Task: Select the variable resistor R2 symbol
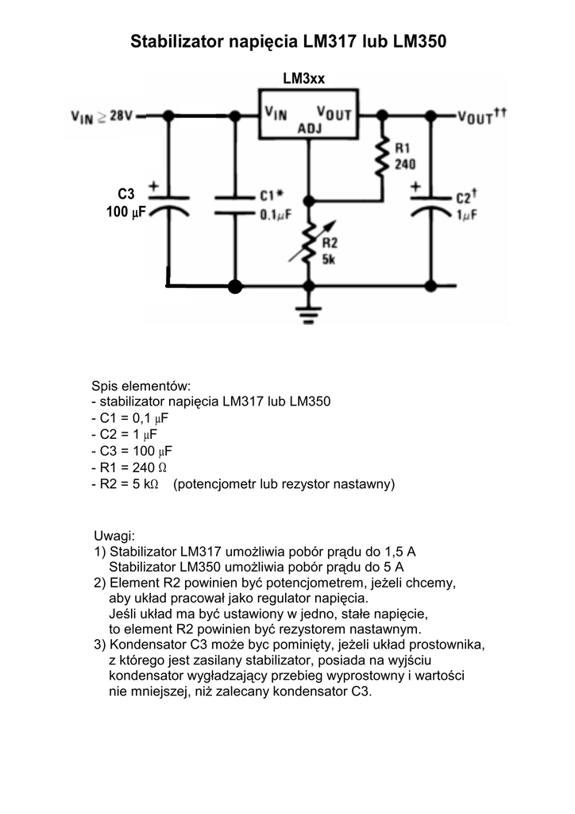click(308, 243)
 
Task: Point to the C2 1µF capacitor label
click(465, 206)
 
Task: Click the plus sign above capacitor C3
click(154, 188)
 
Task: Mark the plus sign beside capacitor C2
click(415, 188)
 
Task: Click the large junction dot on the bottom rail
click(234, 285)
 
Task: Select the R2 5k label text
click(330, 251)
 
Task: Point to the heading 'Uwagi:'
click(115, 534)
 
